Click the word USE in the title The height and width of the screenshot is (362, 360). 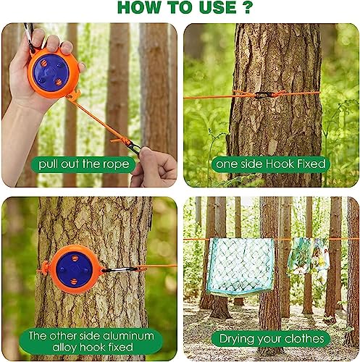coord(218,7)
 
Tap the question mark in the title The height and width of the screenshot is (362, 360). coord(247,7)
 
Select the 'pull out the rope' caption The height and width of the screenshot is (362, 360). coord(84,164)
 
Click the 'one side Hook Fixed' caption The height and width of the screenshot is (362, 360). coord(271,164)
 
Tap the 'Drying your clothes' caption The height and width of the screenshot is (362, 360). coord(272,338)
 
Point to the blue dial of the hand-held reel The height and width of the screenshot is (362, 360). coord(51,72)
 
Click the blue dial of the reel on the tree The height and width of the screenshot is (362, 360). coord(74,269)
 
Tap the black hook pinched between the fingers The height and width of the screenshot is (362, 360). coord(134,147)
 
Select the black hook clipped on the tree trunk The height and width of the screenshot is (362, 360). coord(262,95)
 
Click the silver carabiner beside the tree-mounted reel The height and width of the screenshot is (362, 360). coord(119,269)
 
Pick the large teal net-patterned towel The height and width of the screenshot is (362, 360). coord(240,266)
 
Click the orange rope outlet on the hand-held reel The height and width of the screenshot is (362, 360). coord(73,95)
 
